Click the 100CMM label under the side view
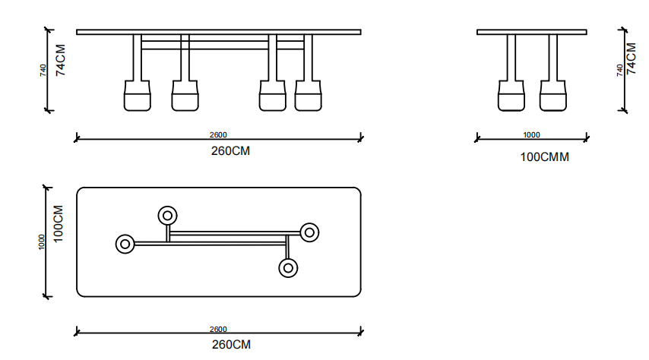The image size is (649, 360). [544, 158]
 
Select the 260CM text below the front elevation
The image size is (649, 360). [230, 151]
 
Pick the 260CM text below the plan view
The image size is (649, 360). [230, 345]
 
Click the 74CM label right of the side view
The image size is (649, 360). [631, 58]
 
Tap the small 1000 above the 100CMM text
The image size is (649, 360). [532, 135]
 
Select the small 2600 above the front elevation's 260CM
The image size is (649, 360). [218, 135]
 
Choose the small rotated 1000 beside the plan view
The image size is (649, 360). [42, 241]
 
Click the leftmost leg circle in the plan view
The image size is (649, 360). [125, 244]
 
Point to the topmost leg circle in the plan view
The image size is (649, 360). [167, 216]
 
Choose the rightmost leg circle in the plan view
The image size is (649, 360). [309, 232]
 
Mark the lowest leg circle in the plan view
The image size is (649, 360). [288, 267]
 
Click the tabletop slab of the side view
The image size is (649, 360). [532, 32]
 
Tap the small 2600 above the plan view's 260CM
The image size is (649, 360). [218, 330]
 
